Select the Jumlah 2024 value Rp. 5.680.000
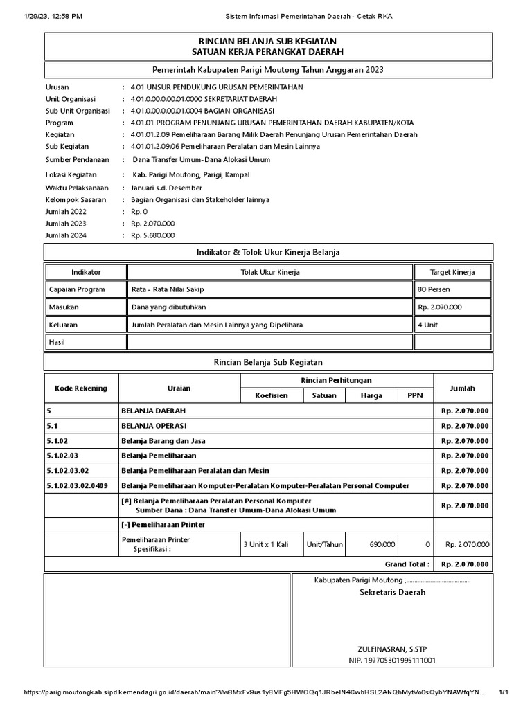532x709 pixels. pyautogui.click(x=152, y=235)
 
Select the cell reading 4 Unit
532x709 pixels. pyautogui.click(x=427, y=324)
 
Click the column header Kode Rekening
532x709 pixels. pyautogui.click(x=82, y=388)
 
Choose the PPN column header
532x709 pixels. pyautogui.click(x=415, y=395)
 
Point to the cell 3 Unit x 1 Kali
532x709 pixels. pyautogui.click(x=265, y=544)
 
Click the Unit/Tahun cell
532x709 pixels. pyautogui.click(x=325, y=544)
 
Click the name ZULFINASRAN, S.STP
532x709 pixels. pyautogui.click(x=392, y=649)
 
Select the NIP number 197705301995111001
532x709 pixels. pyautogui.click(x=392, y=661)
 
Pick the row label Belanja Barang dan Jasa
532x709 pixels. pyautogui.click(x=163, y=440)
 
